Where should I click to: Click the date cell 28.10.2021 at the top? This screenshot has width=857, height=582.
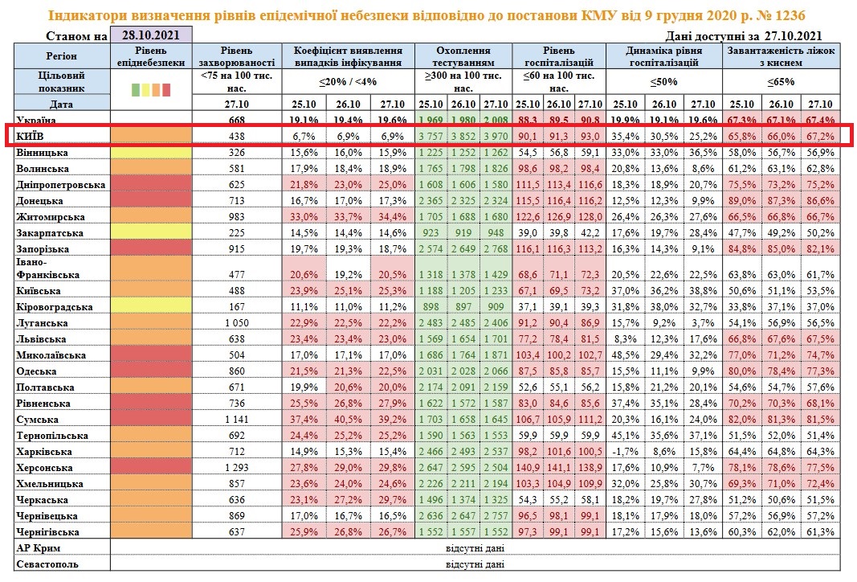click(x=151, y=35)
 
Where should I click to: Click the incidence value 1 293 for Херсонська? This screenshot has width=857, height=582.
click(x=236, y=467)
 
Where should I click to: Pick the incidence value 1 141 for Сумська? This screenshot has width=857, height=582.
click(x=236, y=419)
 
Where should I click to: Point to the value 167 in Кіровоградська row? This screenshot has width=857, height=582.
click(x=236, y=307)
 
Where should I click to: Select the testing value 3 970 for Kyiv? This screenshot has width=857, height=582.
click(x=496, y=137)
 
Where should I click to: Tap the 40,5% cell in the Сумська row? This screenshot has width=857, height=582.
click(x=346, y=419)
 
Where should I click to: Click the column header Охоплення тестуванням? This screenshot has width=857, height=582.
click(x=463, y=55)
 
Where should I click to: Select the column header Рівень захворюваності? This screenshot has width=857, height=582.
click(x=236, y=55)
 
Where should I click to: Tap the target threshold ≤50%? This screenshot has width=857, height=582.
click(x=664, y=81)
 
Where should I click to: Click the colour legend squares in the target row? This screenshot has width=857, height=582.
click(x=150, y=89)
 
